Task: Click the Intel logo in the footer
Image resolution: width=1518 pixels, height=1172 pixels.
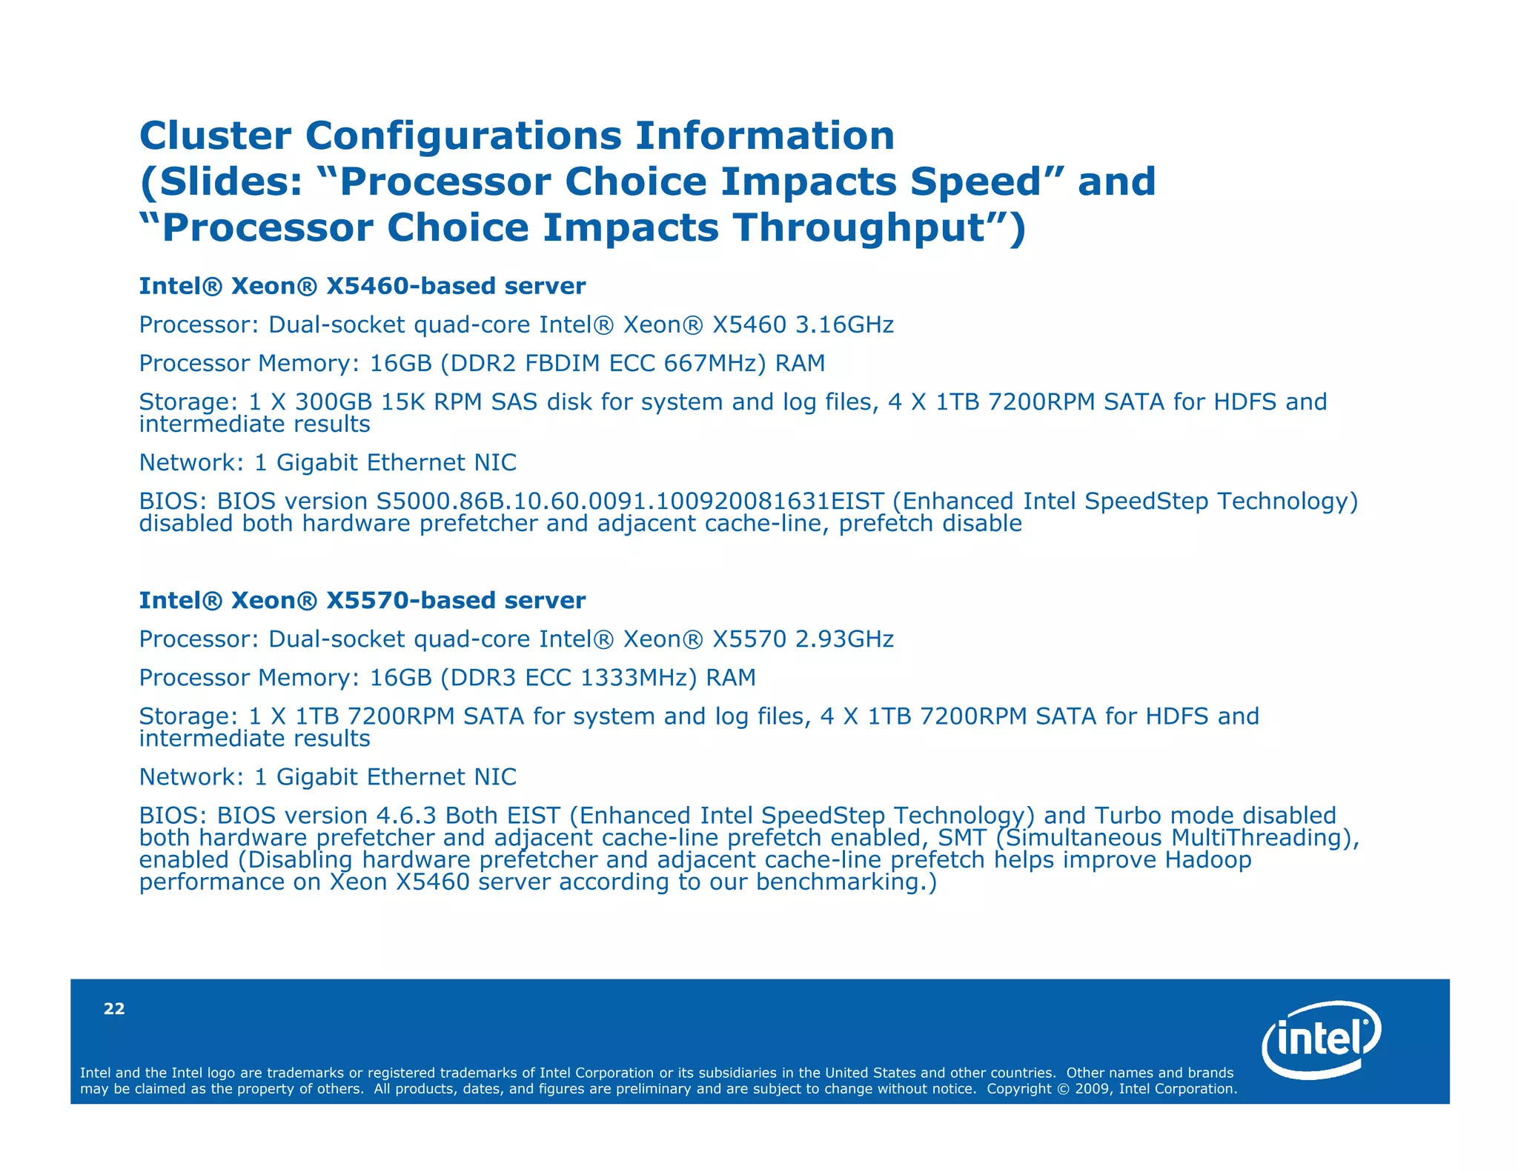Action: [x=1321, y=1039]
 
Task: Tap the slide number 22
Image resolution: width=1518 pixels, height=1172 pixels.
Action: [x=114, y=1009]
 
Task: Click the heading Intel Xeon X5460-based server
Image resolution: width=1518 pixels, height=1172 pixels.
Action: [x=362, y=287]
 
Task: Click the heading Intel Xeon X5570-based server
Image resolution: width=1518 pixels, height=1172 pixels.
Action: [x=362, y=601]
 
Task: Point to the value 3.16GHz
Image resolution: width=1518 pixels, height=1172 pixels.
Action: [x=844, y=325]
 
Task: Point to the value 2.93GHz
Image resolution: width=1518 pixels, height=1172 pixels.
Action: [x=844, y=639]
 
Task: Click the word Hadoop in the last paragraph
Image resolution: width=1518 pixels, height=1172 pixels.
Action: [x=1207, y=860]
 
